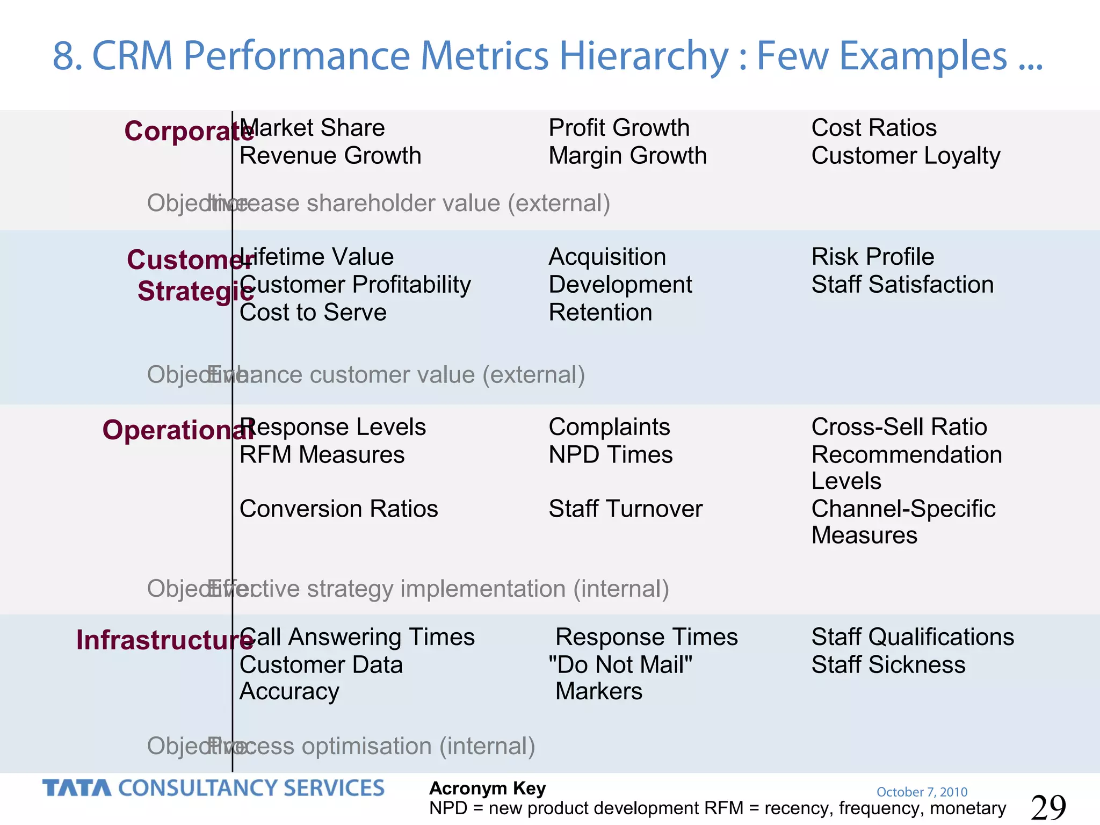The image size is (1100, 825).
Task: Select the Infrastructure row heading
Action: pos(164,640)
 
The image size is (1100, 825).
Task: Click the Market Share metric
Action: pos(312,128)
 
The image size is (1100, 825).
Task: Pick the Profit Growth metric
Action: pos(619,128)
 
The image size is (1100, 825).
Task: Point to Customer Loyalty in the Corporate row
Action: pos(906,156)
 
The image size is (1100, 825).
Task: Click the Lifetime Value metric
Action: pos(316,257)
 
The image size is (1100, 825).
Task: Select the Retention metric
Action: pos(600,313)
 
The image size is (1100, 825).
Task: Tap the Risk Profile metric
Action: pos(872,257)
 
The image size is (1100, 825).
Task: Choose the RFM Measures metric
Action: pos(322,455)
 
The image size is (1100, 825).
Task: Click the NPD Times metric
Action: pos(610,455)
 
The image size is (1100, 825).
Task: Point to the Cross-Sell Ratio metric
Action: pos(899,427)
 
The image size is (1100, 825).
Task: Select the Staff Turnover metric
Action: pos(625,509)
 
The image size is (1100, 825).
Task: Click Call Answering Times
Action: pos(357,637)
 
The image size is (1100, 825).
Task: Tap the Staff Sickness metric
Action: pos(888,665)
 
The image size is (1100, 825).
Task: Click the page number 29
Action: pos(1048,807)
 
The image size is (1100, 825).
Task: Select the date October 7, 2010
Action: pos(922,792)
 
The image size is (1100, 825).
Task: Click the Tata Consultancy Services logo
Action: pos(213,788)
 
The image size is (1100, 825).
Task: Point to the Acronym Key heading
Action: pos(487,788)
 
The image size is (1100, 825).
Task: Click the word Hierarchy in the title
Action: pos(643,56)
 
